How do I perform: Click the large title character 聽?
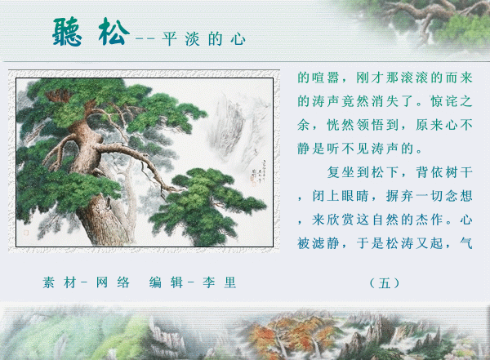click(x=67, y=32)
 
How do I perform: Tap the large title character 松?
click(x=114, y=32)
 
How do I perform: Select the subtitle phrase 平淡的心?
click(x=203, y=39)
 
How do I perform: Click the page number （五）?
click(x=385, y=283)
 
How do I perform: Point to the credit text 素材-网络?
click(x=87, y=282)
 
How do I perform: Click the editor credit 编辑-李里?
click(x=193, y=282)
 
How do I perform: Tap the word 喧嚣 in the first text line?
click(x=326, y=78)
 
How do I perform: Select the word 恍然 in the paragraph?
click(x=341, y=125)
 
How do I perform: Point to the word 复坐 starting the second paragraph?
click(x=341, y=172)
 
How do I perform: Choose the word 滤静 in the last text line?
click(x=326, y=243)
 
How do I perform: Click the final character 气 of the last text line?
click(x=466, y=243)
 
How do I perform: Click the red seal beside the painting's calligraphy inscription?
click(x=253, y=179)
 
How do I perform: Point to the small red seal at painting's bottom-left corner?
click(x=27, y=233)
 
